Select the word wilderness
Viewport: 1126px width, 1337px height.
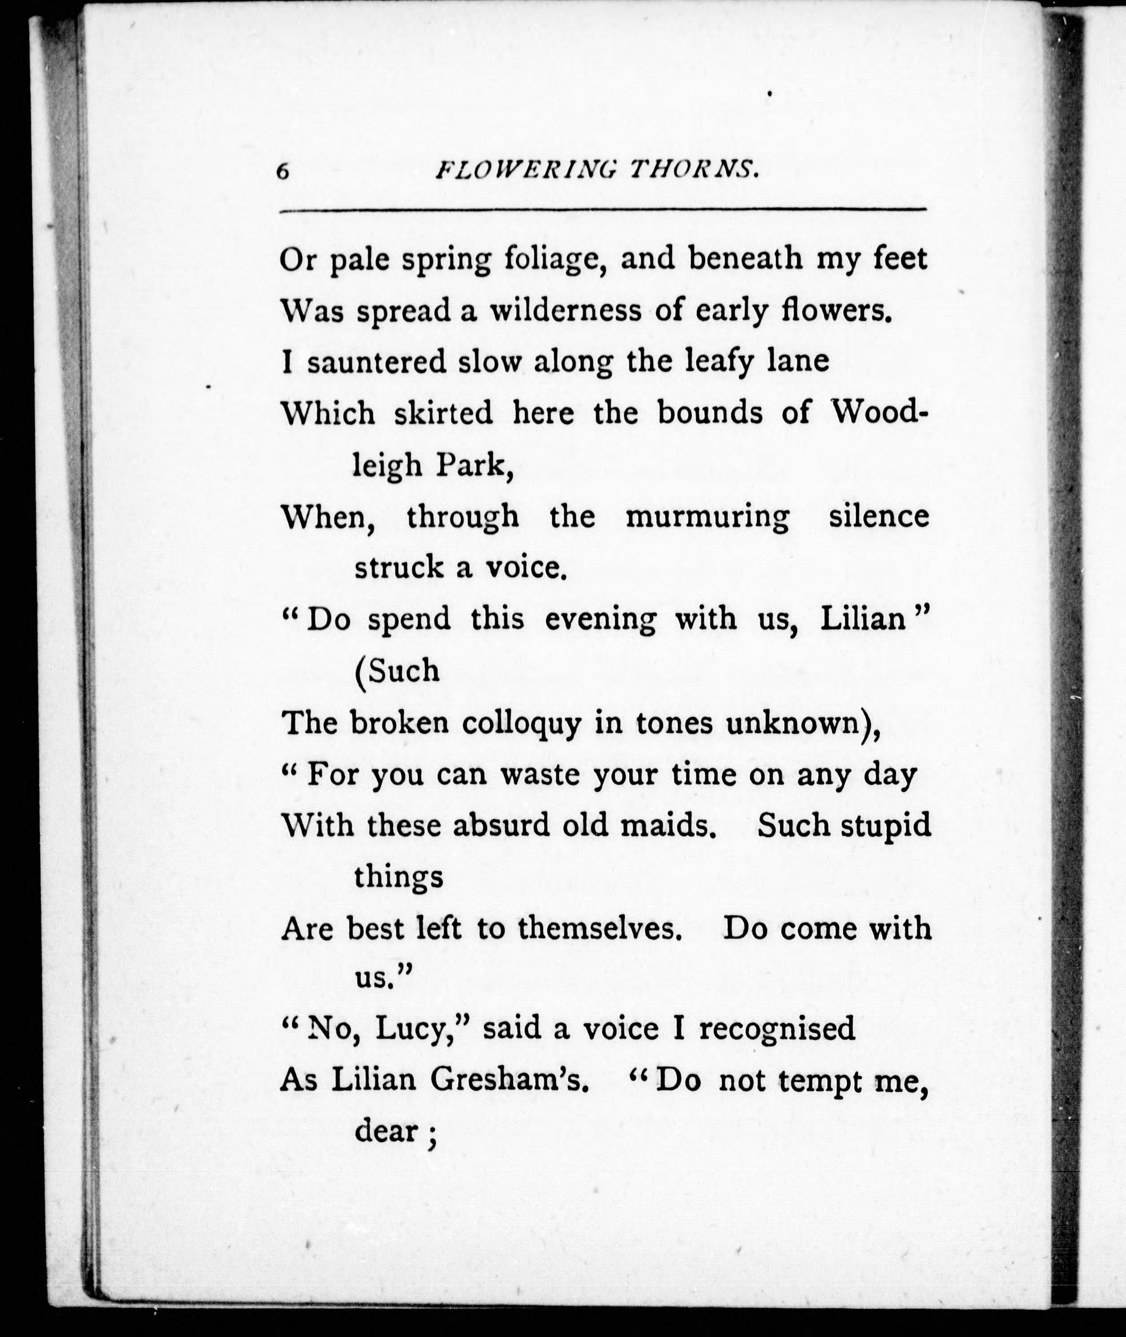pos(565,311)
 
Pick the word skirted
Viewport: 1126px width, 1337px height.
pos(444,414)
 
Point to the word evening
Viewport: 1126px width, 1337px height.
pos(600,619)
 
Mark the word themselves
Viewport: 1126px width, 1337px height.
pos(597,929)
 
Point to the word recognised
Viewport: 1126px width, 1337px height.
pos(777,1029)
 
